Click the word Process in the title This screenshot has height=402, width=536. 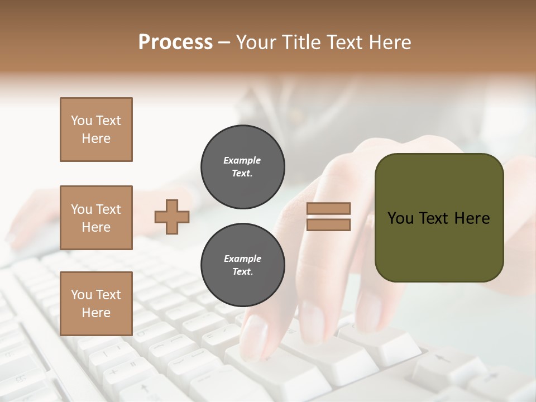pos(175,42)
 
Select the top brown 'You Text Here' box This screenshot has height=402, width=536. pos(96,130)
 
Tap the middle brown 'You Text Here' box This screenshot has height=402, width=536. pos(96,218)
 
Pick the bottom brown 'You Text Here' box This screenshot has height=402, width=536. pos(96,304)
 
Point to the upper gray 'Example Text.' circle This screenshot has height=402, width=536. pos(242,166)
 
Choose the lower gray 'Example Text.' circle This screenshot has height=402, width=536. pos(242,265)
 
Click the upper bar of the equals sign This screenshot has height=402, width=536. pos(329,209)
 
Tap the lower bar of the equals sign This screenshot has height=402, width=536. pos(329,225)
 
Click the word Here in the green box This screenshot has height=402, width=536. pos(472,218)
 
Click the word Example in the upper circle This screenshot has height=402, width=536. pos(242,160)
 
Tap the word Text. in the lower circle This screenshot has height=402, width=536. pos(242,271)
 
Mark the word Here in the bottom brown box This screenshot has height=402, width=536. pos(96,313)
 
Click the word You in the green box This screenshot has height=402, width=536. pos(400,218)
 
